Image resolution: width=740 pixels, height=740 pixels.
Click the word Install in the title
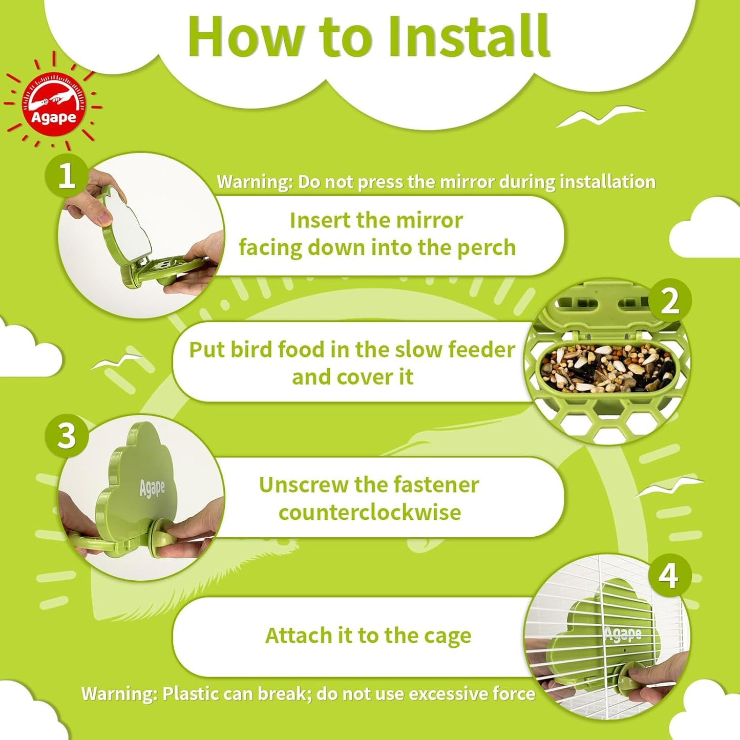coord(468,37)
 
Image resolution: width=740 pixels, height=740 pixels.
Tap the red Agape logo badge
coord(53,104)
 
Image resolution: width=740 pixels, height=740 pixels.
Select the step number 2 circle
coord(669,301)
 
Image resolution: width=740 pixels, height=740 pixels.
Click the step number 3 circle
coord(67,436)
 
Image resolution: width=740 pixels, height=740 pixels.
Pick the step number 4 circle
coord(669,576)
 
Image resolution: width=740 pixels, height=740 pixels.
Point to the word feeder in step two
coord(481,350)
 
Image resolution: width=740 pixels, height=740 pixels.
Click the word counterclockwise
coord(370,513)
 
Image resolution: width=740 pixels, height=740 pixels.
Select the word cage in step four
coord(447,636)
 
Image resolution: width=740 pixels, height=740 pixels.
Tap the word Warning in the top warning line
coord(254,182)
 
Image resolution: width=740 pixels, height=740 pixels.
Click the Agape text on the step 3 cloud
coord(152,488)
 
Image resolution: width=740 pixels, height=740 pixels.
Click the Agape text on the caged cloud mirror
coord(623,634)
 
